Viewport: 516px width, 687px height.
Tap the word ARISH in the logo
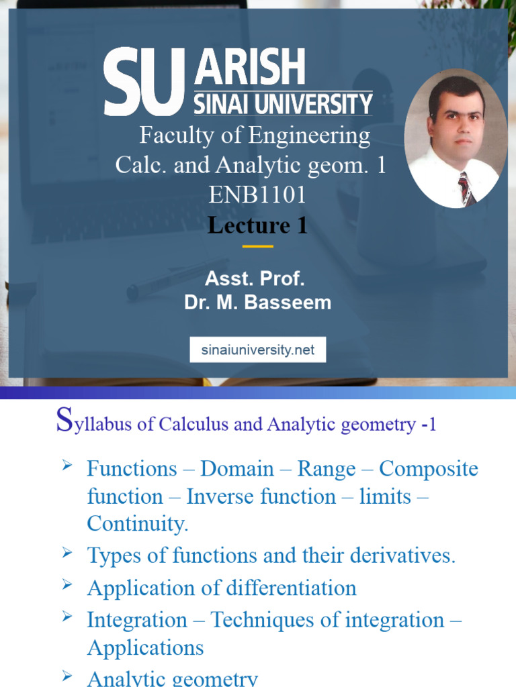pyautogui.click(x=249, y=68)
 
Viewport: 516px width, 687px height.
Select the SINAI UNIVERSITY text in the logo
pyautogui.click(x=282, y=104)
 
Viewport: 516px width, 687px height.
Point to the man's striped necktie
pyautogui.click(x=466, y=187)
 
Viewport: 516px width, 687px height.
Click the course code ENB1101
pyautogui.click(x=257, y=195)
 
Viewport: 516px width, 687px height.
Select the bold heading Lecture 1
pyautogui.click(x=257, y=225)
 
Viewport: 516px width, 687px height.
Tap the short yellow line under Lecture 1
pyautogui.click(x=257, y=246)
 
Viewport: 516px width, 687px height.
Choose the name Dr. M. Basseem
pyautogui.click(x=258, y=303)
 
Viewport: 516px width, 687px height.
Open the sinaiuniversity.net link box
pyautogui.click(x=258, y=350)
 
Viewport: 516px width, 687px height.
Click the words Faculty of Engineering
pyautogui.click(x=255, y=136)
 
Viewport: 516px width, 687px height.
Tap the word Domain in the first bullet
pyautogui.click(x=236, y=468)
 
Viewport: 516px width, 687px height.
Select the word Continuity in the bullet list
pyautogui.click(x=136, y=524)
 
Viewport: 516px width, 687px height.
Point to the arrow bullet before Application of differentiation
pyautogui.click(x=67, y=586)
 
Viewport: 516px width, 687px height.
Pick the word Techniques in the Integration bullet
pyautogui.click(x=259, y=620)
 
